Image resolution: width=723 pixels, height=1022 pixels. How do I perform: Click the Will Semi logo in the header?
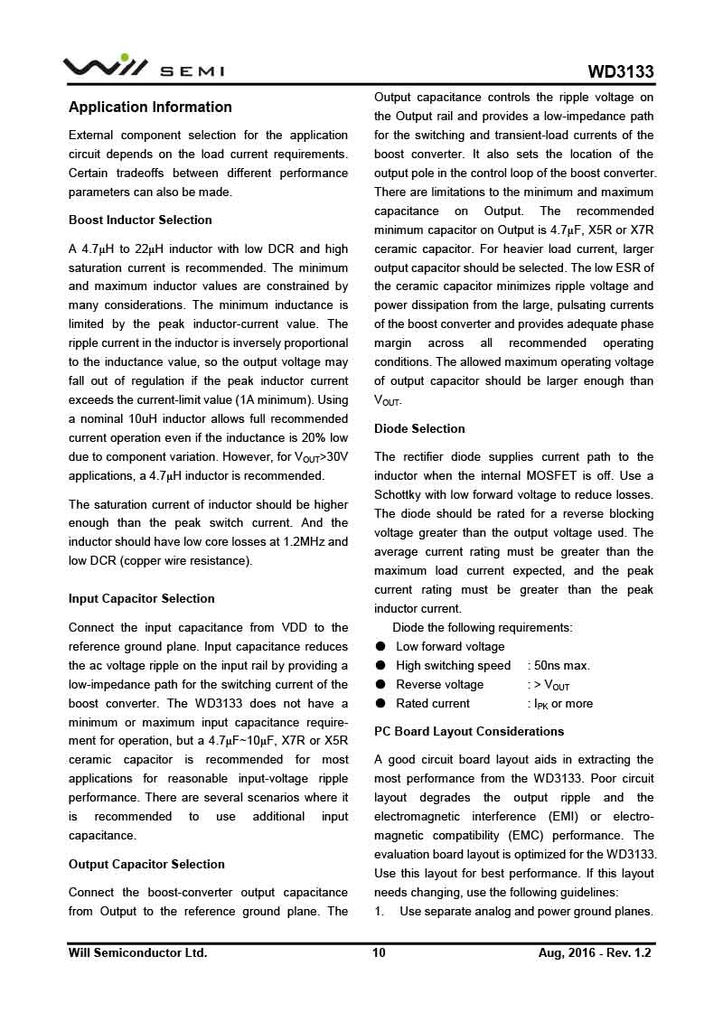[x=143, y=69]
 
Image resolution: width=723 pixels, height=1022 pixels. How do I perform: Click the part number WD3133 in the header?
[x=621, y=72]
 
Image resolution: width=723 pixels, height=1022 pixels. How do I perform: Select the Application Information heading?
[x=150, y=107]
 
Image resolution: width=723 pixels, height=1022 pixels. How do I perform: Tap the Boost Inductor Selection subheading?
[x=140, y=220]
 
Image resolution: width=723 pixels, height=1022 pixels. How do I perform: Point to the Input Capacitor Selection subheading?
[x=142, y=598]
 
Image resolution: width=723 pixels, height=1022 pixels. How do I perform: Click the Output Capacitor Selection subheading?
[x=146, y=864]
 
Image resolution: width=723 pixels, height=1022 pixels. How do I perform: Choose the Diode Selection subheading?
[x=419, y=428]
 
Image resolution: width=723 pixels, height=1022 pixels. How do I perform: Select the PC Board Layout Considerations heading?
[x=469, y=731]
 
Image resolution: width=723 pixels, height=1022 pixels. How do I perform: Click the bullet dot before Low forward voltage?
[x=380, y=646]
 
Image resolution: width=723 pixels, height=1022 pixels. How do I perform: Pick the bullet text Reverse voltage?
[x=439, y=684]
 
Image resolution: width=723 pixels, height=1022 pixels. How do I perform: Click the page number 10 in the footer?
[x=379, y=952]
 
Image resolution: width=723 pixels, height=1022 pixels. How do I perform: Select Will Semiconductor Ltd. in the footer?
[x=137, y=952]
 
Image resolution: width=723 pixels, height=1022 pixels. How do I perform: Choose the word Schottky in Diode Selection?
[x=401, y=494]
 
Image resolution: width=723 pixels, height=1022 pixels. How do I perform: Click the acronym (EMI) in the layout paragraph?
[x=562, y=816]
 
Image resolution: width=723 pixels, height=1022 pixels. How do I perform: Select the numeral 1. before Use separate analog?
[x=380, y=911]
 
